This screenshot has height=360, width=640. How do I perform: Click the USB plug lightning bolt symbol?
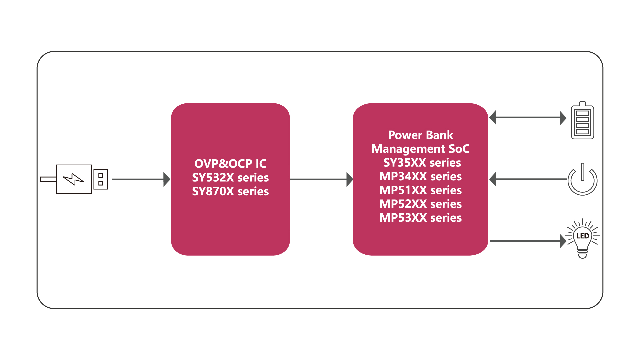click(x=74, y=179)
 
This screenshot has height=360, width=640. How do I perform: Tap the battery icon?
click(x=582, y=121)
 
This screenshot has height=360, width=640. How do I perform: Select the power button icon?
click(x=582, y=180)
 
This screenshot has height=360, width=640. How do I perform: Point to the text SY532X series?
click(x=230, y=178)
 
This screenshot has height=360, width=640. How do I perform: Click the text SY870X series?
click(x=230, y=191)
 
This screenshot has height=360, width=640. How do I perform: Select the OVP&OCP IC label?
click(x=230, y=164)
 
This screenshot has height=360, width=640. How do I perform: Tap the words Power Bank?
click(x=420, y=135)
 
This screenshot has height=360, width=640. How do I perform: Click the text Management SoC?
click(x=420, y=149)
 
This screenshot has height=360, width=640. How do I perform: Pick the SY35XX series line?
click(x=422, y=163)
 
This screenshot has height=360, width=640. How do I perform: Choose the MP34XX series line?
click(x=420, y=176)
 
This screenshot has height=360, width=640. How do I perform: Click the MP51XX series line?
click(x=420, y=190)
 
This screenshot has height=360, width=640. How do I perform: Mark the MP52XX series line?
click(x=420, y=204)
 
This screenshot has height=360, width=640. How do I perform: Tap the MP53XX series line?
click(x=420, y=218)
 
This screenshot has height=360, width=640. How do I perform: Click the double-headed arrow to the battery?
click(x=528, y=117)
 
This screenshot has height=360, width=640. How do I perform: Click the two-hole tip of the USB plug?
click(x=101, y=179)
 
